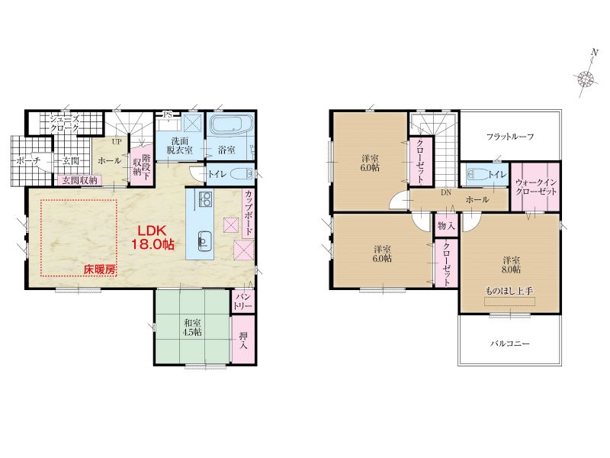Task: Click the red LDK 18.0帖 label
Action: click(152, 237)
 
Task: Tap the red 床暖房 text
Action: click(100, 269)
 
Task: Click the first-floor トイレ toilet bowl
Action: click(241, 173)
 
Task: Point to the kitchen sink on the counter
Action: click(204, 241)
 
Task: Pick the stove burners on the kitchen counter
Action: click(205, 199)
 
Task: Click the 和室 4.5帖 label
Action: click(193, 327)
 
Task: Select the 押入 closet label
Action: click(243, 340)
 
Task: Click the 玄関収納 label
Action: click(80, 181)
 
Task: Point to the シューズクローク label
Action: click(65, 123)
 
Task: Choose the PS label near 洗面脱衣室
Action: click(168, 114)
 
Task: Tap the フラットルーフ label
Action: click(510, 137)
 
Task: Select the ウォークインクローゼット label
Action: click(536, 187)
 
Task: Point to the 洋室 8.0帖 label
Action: click(511, 264)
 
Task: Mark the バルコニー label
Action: click(509, 344)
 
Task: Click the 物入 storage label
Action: click(446, 226)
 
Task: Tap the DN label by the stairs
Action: click(446, 192)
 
